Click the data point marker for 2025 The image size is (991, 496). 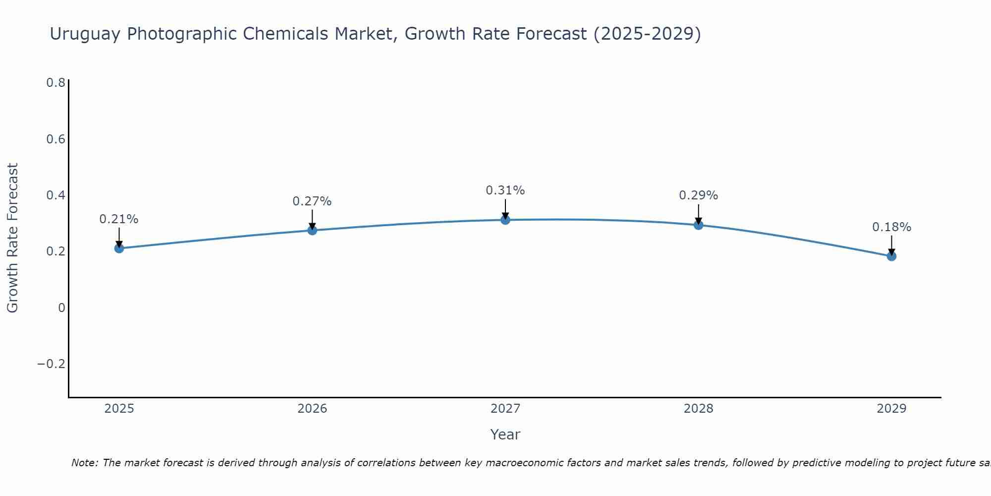click(119, 248)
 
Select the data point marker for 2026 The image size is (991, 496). click(312, 230)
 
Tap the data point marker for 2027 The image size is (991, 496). click(505, 220)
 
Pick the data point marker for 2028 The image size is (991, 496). click(698, 225)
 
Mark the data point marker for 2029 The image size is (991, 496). click(891, 256)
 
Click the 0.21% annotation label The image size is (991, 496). click(119, 219)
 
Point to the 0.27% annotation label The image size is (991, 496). click(312, 201)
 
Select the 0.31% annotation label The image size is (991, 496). click(505, 190)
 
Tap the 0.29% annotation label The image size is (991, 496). click(698, 195)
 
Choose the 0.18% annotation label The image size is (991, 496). click(891, 227)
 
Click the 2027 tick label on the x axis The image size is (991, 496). click(505, 409)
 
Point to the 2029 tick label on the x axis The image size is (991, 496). click(891, 409)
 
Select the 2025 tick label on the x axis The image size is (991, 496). click(119, 409)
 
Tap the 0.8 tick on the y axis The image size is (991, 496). click(55, 83)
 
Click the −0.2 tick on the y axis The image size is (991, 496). click(52, 364)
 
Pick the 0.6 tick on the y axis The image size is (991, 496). click(55, 139)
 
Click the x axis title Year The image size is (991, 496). click(505, 435)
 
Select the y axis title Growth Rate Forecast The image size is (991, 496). click(13, 238)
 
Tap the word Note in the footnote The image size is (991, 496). click(85, 463)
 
